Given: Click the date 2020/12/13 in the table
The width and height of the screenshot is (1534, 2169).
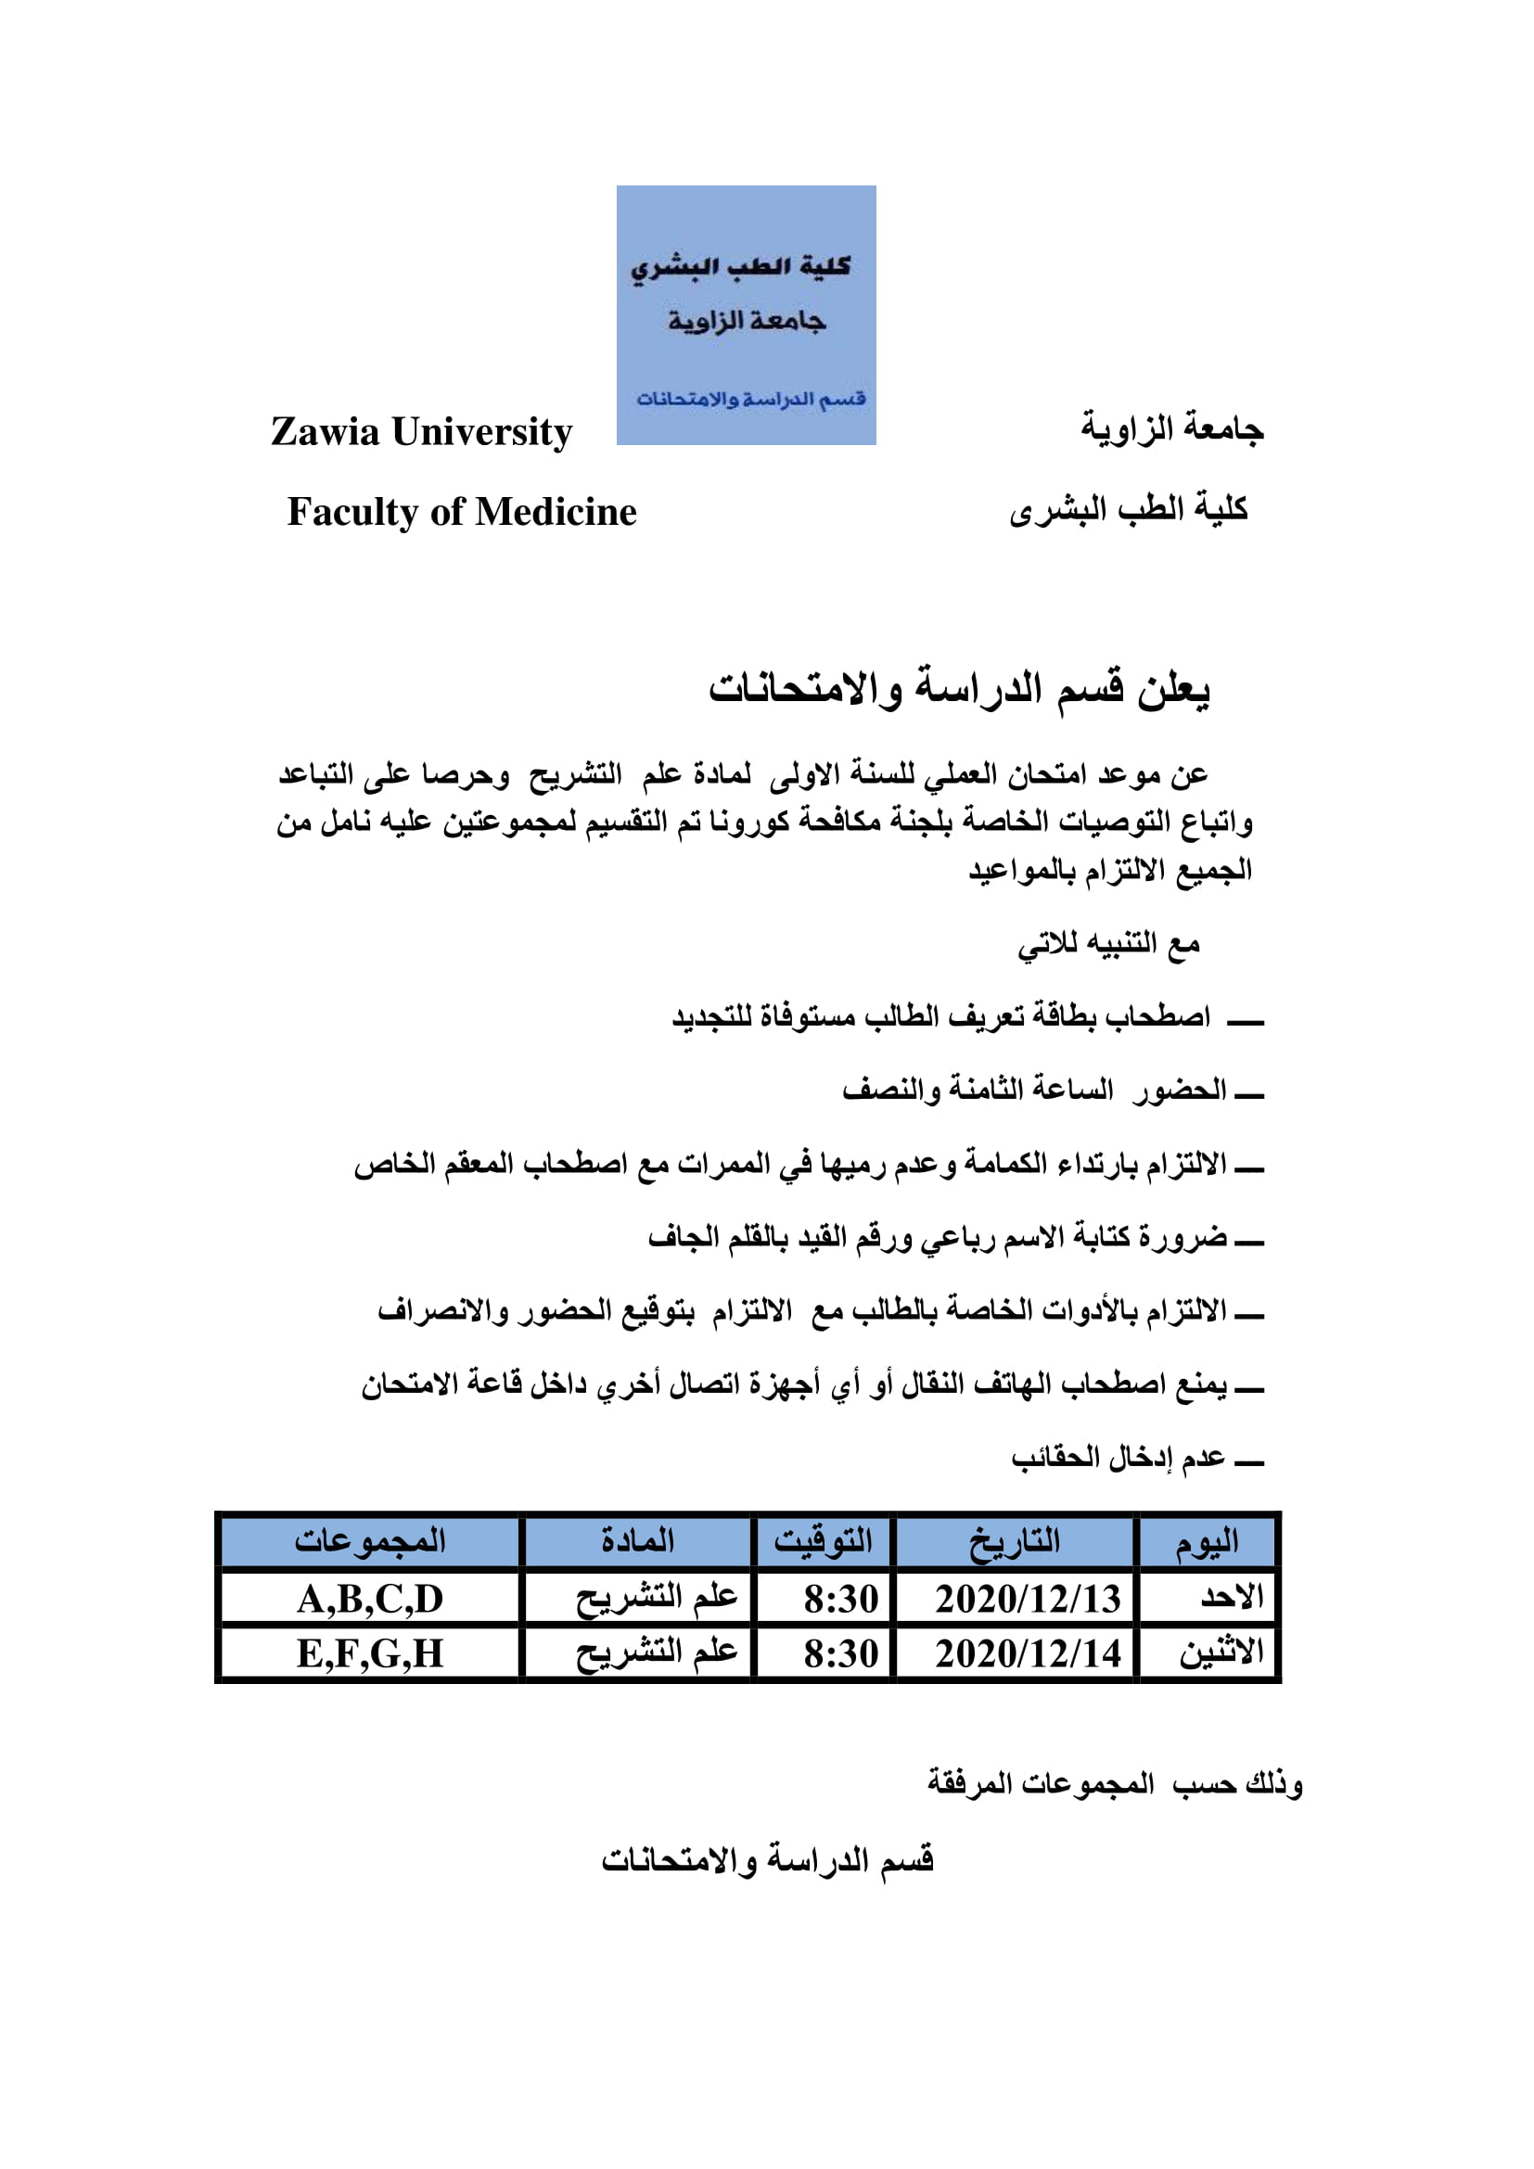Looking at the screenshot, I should (1027, 1600).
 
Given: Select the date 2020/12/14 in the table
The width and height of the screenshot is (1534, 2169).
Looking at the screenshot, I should (1027, 1654).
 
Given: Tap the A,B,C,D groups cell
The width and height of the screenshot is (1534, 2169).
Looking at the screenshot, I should (369, 1600).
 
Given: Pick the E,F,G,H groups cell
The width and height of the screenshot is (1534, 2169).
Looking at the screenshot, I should (369, 1654).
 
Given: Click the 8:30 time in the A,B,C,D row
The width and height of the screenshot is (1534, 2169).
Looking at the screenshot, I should (839, 1600).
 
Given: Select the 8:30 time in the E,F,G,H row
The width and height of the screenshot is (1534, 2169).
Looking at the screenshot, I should (839, 1654).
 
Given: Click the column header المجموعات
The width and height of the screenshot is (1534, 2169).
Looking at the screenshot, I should (369, 1541).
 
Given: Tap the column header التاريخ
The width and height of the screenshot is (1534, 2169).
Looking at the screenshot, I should (1015, 1542).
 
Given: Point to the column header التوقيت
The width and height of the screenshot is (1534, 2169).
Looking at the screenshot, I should (823, 1542).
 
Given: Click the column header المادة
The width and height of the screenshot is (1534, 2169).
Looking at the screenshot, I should (637, 1541).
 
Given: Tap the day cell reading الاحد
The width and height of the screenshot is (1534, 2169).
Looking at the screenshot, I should (1232, 1599).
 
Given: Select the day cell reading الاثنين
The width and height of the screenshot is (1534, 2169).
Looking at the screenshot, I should (1221, 1653).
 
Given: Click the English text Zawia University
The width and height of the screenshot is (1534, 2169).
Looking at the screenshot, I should (421, 432).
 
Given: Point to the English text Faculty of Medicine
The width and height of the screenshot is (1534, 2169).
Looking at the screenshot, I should (462, 512).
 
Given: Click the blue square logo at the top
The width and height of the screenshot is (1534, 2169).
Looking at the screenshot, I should (747, 314).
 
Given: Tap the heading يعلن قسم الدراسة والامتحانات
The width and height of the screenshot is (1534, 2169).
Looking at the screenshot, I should (959, 689).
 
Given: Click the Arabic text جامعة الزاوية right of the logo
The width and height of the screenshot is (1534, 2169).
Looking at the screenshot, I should (1172, 429).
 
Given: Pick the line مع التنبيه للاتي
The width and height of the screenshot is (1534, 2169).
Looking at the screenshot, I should (1108, 944).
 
